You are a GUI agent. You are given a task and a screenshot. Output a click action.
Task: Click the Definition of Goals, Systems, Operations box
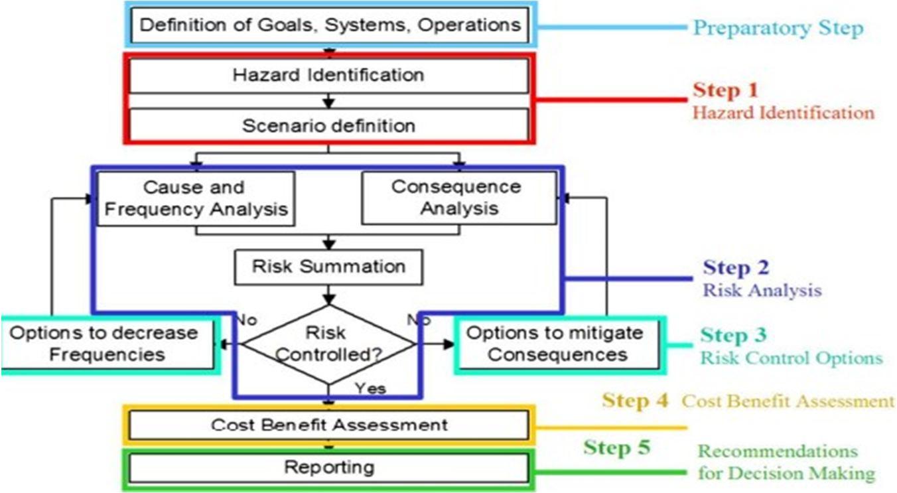(x=330, y=25)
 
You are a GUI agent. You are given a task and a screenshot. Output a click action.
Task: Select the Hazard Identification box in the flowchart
(x=328, y=74)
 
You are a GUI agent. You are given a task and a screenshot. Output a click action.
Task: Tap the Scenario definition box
(x=328, y=125)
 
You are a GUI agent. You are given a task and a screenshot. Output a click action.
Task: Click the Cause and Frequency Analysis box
(x=196, y=198)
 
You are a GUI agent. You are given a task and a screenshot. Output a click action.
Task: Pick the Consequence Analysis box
(x=458, y=198)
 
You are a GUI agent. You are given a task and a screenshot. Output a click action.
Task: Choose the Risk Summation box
(x=328, y=267)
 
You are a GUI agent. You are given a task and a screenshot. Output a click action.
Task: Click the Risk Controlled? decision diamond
(x=328, y=344)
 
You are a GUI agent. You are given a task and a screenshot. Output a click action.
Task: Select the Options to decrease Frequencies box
(x=107, y=344)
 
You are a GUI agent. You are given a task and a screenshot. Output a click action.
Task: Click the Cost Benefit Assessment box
(x=328, y=425)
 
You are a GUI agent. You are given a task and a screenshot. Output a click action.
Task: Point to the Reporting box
(x=328, y=467)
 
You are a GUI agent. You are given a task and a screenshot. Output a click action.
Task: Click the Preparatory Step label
(x=778, y=29)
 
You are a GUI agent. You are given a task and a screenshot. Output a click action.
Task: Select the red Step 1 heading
(x=725, y=90)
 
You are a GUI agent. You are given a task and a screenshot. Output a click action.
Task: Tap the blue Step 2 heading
(x=736, y=267)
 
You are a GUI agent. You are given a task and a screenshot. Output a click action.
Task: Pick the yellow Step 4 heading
(x=635, y=400)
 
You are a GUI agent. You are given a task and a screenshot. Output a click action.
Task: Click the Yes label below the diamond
(x=370, y=388)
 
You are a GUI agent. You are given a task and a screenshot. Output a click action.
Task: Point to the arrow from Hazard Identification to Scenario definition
(x=328, y=100)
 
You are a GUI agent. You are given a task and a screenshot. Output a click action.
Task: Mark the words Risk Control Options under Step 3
(x=791, y=358)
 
